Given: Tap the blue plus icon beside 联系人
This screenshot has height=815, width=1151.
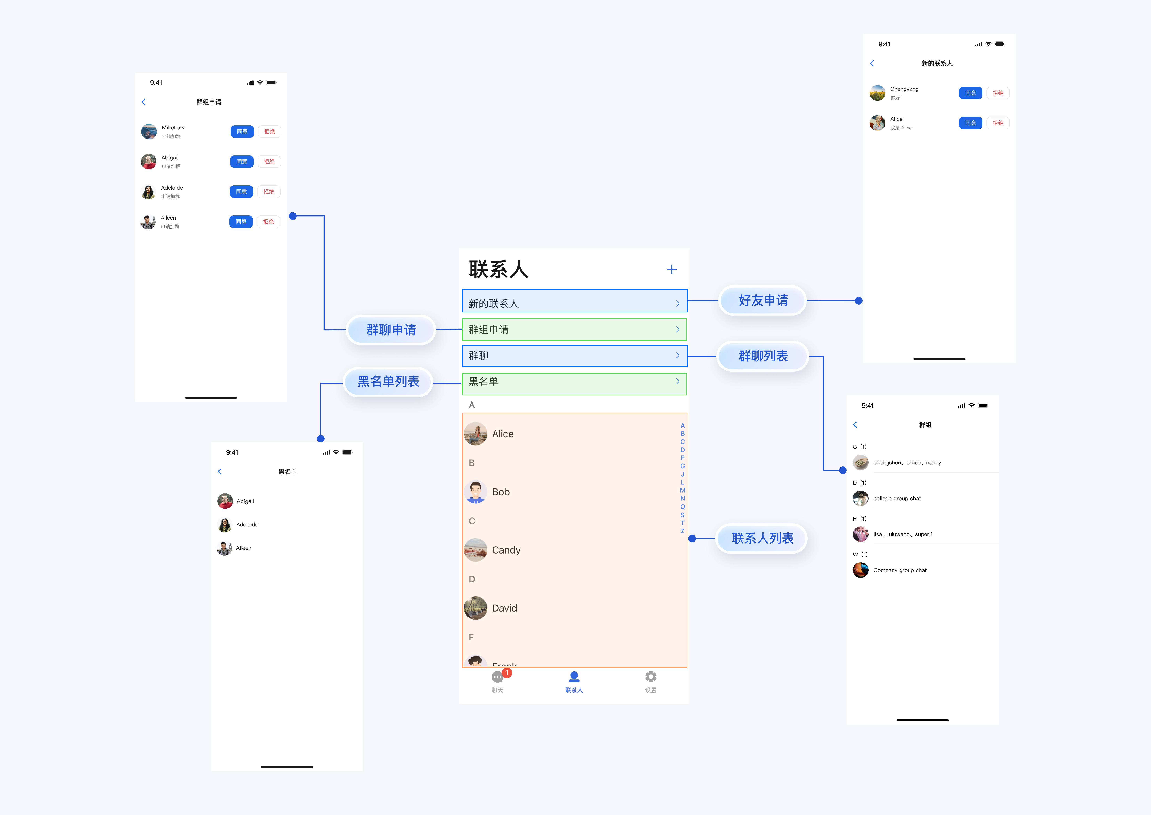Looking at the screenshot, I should [671, 269].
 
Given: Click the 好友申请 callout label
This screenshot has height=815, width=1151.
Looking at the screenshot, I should [763, 300].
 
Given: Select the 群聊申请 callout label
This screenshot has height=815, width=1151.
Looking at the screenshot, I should [391, 330].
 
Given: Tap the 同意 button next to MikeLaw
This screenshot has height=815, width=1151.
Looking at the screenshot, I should [242, 131].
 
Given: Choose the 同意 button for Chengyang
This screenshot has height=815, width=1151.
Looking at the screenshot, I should [970, 93].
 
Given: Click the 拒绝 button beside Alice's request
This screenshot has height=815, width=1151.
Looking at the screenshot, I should [997, 123].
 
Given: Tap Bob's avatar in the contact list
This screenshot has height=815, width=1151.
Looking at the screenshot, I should [475, 492].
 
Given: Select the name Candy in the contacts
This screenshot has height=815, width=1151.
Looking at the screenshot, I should [506, 550].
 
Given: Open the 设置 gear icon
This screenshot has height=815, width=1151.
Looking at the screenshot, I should [650, 677].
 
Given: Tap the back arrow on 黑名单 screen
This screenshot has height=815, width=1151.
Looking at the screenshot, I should [219, 471].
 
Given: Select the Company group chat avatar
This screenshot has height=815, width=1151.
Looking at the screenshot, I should [860, 570].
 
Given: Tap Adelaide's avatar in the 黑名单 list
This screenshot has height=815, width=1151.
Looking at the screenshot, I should [225, 524].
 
